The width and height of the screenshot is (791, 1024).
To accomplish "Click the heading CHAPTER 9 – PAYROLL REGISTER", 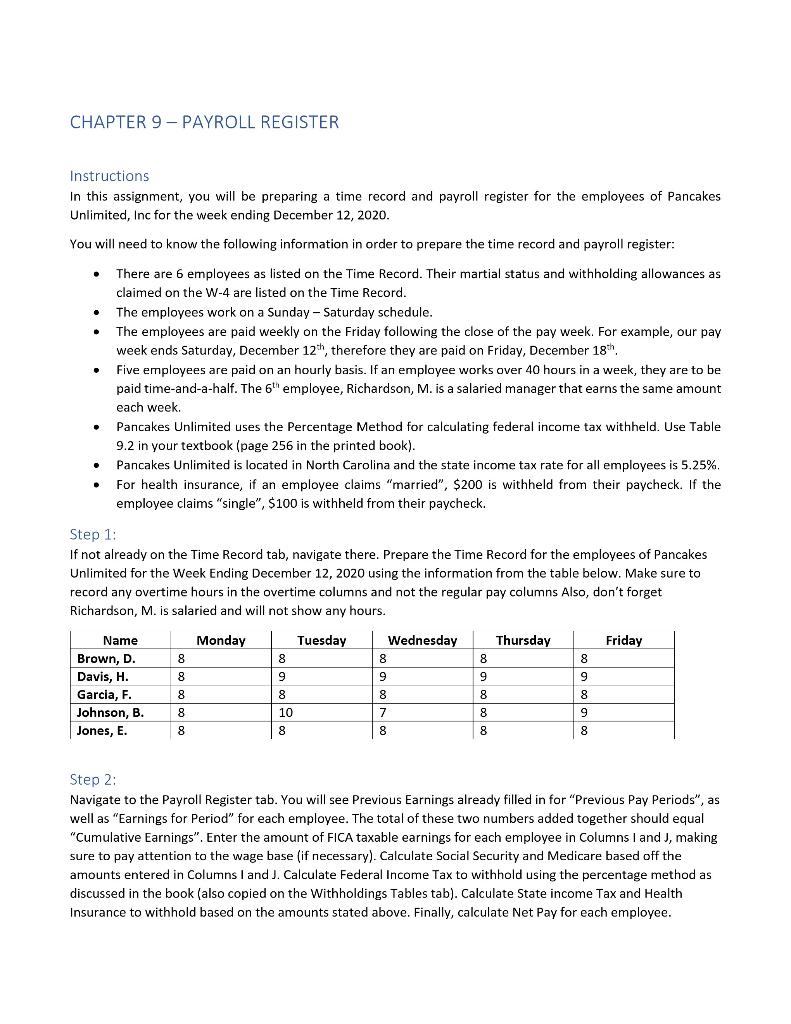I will pos(204,123).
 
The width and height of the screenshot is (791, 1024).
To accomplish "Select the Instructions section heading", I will pos(109,176).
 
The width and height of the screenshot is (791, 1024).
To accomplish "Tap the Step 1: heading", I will pos(93,534).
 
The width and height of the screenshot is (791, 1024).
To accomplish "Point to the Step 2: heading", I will pos(93,779).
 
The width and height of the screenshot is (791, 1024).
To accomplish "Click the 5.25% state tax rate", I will pos(699,465).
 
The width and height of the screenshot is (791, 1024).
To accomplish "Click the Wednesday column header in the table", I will pos(422,640).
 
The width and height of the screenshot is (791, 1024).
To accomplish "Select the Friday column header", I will pos(624,640).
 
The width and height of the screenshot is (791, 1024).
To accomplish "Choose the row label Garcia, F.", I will pos(104,694).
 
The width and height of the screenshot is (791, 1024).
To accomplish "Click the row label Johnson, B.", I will pos(110,712).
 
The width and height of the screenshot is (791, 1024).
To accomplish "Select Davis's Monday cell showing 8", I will pos(181,676).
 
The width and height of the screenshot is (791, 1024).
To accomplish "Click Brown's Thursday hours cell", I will pos(483,658).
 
